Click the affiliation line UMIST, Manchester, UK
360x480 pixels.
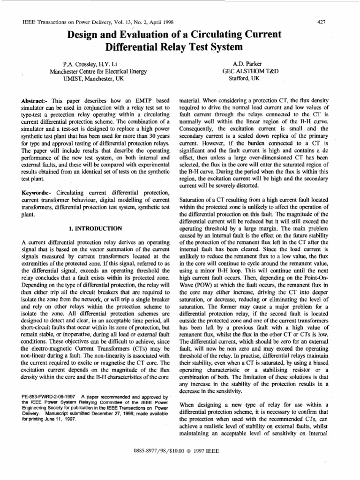[98, 79]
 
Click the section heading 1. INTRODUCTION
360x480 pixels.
[96, 228]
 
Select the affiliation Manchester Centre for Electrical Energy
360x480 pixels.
[98, 72]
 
